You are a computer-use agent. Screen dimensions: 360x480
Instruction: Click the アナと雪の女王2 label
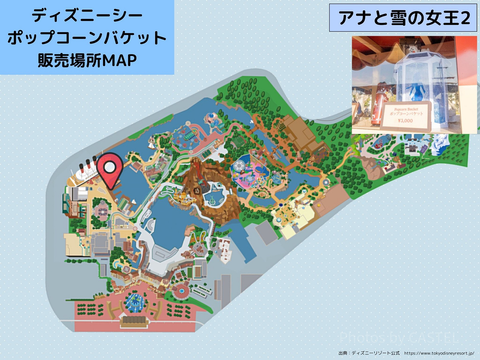click(404, 18)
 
